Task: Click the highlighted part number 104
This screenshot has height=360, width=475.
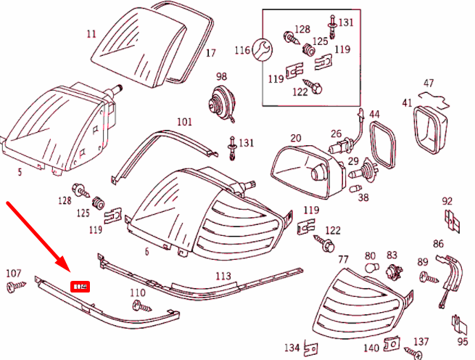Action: (80, 287)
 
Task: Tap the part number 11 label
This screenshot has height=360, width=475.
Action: (91, 34)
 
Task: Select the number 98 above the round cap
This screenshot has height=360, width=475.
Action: (221, 76)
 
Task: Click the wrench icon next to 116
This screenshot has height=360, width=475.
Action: (263, 49)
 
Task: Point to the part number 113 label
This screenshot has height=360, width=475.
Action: (223, 276)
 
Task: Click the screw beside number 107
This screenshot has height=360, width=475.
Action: (14, 288)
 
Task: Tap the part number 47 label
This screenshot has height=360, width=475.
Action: (429, 83)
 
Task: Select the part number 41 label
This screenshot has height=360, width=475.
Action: (407, 103)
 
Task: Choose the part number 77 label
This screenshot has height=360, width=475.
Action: (344, 259)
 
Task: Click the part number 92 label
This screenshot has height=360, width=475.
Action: (447, 201)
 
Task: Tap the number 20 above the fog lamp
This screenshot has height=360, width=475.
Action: (296, 138)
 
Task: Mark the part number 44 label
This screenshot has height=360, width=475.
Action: (374, 115)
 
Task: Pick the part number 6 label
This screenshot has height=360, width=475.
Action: (146, 252)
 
